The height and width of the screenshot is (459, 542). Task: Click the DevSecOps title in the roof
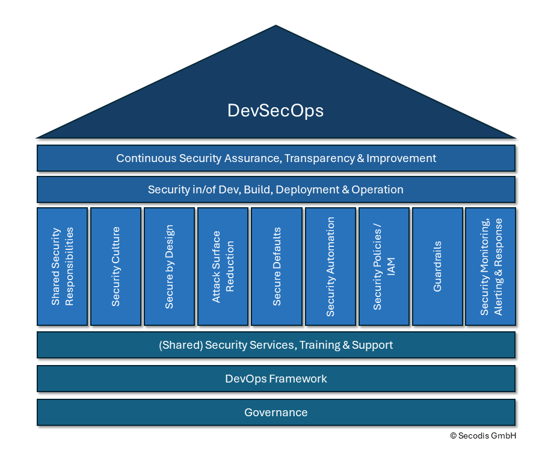pyautogui.click(x=276, y=111)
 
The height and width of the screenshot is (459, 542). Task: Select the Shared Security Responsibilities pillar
pyautogui.click(x=62, y=266)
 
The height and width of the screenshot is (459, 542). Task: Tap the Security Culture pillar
pyautogui.click(x=115, y=266)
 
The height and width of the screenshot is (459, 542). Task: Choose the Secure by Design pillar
pyautogui.click(x=169, y=266)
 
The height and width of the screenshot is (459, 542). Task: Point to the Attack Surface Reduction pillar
pyautogui.click(x=223, y=266)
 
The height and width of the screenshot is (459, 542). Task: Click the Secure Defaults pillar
pyautogui.click(x=277, y=266)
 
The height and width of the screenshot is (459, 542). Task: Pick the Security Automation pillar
pyautogui.click(x=330, y=266)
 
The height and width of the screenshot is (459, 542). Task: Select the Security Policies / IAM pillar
pyautogui.click(x=384, y=266)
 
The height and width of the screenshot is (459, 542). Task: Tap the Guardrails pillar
pyautogui.click(x=437, y=266)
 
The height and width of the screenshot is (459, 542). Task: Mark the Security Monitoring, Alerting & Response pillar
pyautogui.click(x=490, y=266)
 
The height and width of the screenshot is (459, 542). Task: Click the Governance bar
pyautogui.click(x=276, y=413)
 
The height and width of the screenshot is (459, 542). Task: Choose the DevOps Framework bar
pyautogui.click(x=276, y=379)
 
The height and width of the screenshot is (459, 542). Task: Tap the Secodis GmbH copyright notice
pyautogui.click(x=482, y=436)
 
